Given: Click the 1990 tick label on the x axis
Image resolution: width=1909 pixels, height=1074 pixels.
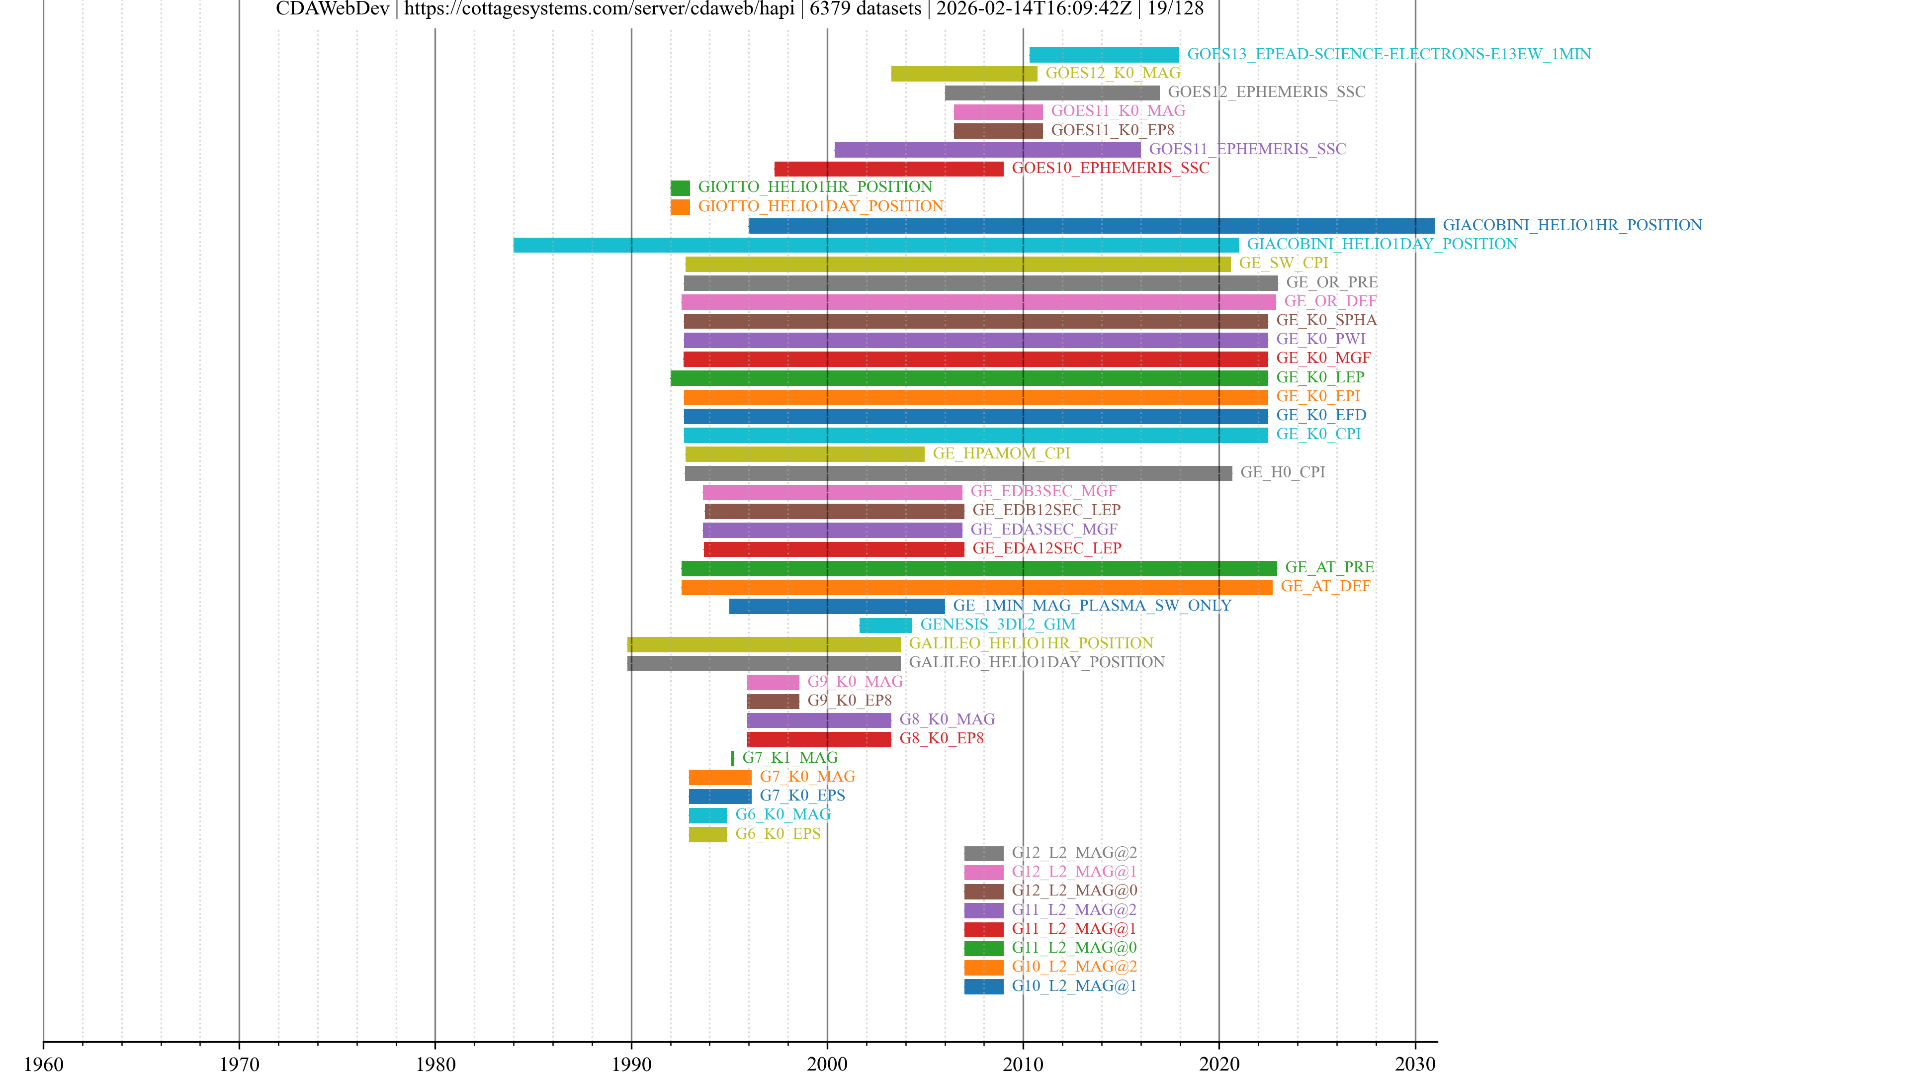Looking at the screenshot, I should (x=631, y=1064).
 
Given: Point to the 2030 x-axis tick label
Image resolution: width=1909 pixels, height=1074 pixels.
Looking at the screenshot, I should (x=1415, y=1064).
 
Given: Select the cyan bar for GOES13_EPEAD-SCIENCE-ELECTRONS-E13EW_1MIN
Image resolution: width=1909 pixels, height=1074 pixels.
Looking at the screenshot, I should (x=1104, y=55).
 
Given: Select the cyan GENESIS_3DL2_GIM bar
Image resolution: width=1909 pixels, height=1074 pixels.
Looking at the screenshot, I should (x=885, y=626).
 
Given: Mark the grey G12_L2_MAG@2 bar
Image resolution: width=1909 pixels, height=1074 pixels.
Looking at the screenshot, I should (x=983, y=854).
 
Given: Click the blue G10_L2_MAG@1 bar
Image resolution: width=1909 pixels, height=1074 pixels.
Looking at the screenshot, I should (x=983, y=986).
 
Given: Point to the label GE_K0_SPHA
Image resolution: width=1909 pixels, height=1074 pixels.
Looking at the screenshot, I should (x=1326, y=320).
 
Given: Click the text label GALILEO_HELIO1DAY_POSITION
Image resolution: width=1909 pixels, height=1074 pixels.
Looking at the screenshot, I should (x=1036, y=663).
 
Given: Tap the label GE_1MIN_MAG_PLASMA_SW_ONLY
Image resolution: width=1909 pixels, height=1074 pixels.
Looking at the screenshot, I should (x=1092, y=606).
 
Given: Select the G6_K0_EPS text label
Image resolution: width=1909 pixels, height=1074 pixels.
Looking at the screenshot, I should (x=778, y=834).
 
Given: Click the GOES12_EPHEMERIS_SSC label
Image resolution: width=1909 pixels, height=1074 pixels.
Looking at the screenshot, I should (x=1266, y=92).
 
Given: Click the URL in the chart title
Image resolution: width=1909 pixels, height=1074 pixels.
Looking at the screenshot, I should (x=599, y=9).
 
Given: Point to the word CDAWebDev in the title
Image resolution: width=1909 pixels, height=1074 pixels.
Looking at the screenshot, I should (x=332, y=9).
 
